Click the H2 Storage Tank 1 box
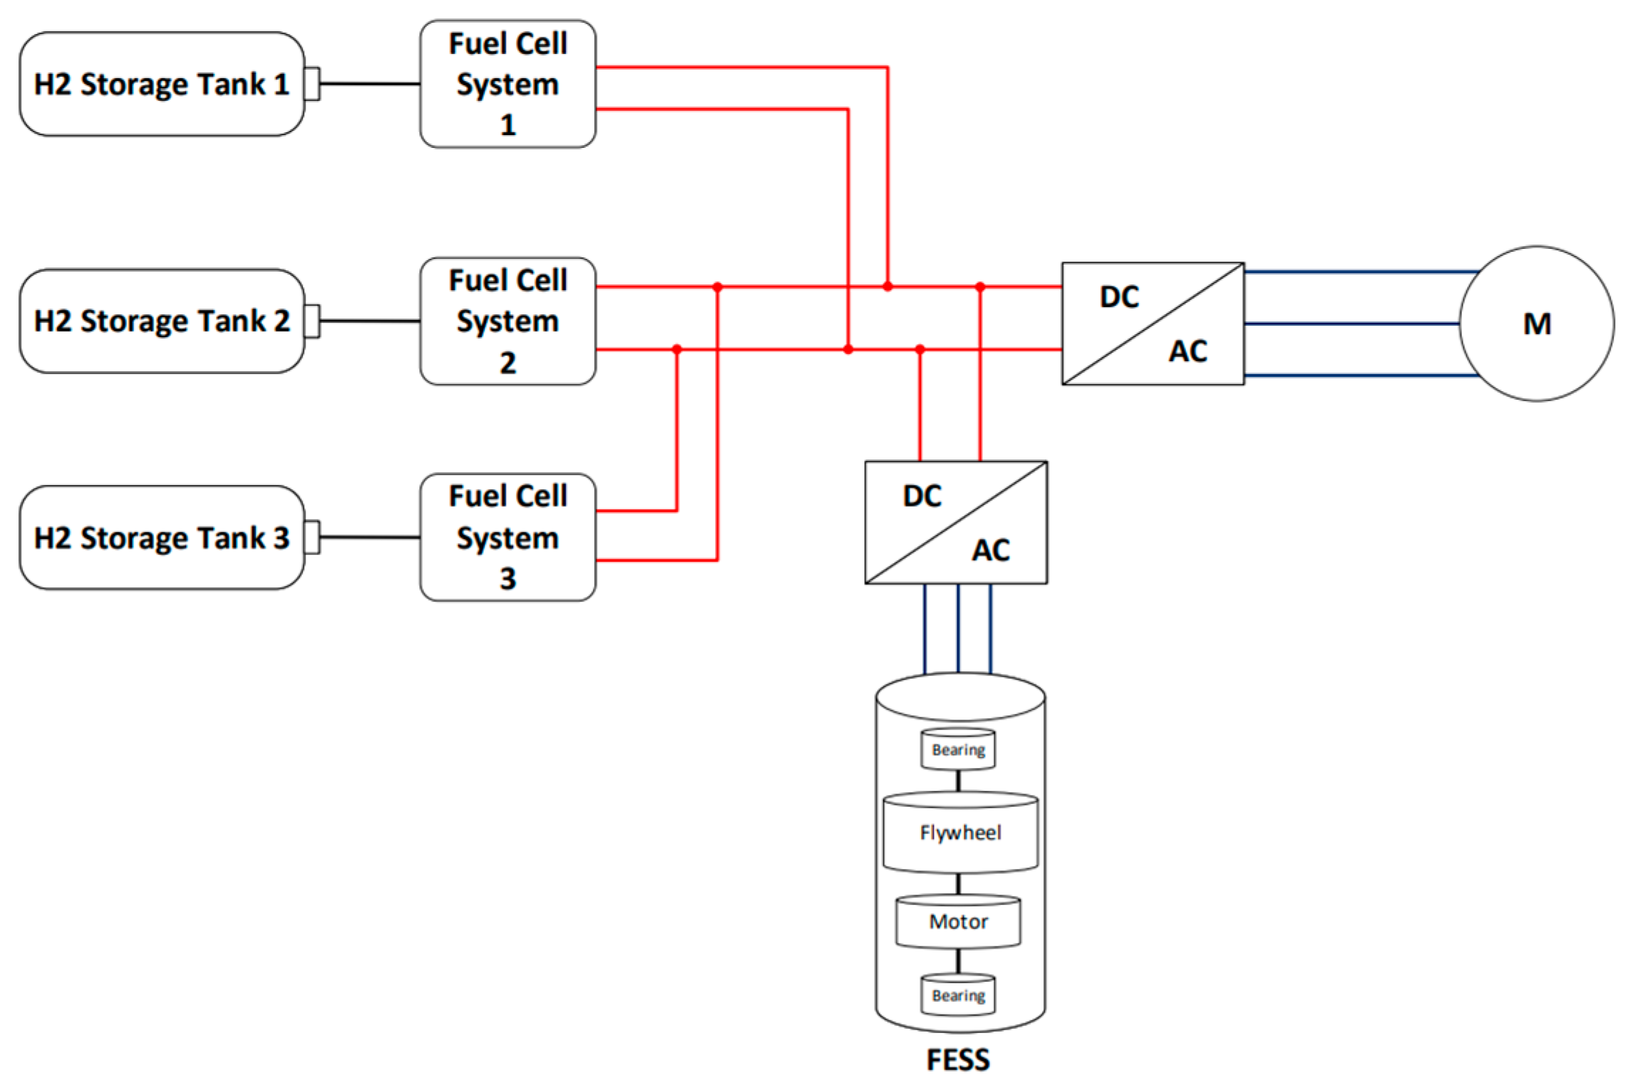coord(162,84)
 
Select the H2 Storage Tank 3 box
coord(162,538)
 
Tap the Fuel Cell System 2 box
coord(508,321)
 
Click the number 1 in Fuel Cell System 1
coord(508,125)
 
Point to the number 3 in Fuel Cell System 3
coord(508,579)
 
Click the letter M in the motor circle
coord(1537,324)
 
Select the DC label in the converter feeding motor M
coord(1119,297)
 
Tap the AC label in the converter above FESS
coord(991,550)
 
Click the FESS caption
coord(957,1060)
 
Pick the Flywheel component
coord(960,833)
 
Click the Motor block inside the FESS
coord(958,922)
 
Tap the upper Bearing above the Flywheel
coord(958,750)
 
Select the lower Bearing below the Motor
coord(958,995)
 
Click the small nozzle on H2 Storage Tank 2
coord(312,321)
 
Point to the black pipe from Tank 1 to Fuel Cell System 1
coord(370,84)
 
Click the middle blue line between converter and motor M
coord(1351,324)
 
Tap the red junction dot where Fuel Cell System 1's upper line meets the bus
coord(888,287)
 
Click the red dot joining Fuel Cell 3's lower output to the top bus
coord(717,287)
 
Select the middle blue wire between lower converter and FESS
coord(958,629)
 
